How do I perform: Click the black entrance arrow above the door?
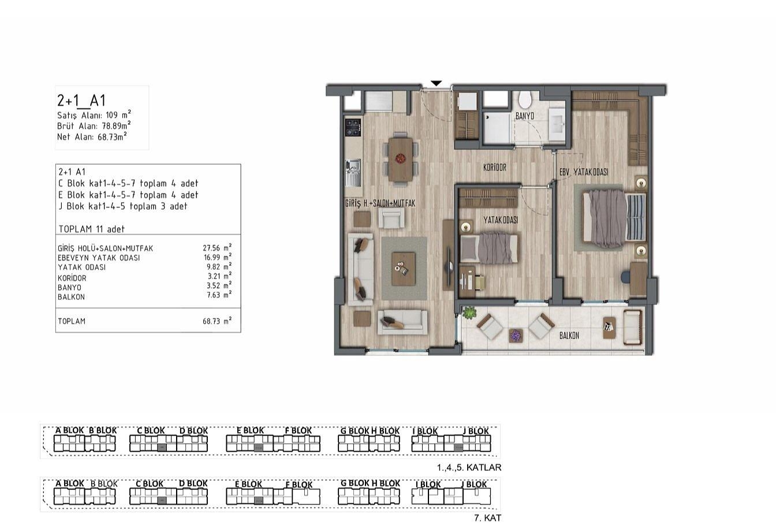pyautogui.click(x=436, y=83)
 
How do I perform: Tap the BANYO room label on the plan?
pyautogui.click(x=524, y=116)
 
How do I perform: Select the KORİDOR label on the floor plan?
pyautogui.click(x=495, y=168)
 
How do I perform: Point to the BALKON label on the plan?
pyautogui.click(x=569, y=335)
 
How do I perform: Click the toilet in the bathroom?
pyautogui.click(x=525, y=100)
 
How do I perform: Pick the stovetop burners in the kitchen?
pyautogui.click(x=353, y=128)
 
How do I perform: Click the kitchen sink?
pyautogui.click(x=353, y=172)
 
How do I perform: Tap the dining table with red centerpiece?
pyautogui.click(x=401, y=159)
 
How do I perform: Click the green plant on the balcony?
pyautogui.click(x=469, y=313)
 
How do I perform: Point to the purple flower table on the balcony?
pyautogui.click(x=516, y=336)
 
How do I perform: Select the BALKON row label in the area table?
pyautogui.click(x=72, y=297)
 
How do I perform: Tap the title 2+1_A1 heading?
pyautogui.click(x=81, y=101)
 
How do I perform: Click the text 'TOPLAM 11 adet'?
pyautogui.click(x=91, y=229)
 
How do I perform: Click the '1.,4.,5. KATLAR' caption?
pyautogui.click(x=469, y=467)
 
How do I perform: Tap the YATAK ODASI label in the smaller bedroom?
pyautogui.click(x=501, y=220)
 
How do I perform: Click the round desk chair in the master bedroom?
pyautogui.click(x=626, y=277)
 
